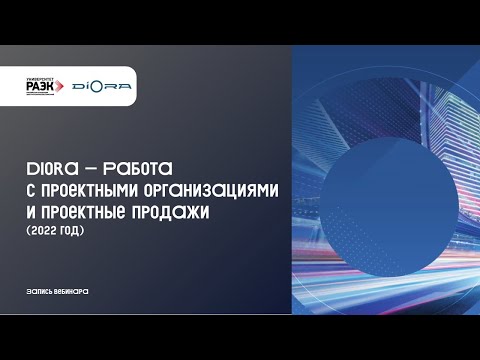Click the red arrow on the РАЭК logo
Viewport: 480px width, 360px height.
click(x=70, y=89)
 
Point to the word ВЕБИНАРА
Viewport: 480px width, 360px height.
click(x=77, y=290)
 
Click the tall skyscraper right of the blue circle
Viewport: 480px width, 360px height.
click(x=440, y=150)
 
